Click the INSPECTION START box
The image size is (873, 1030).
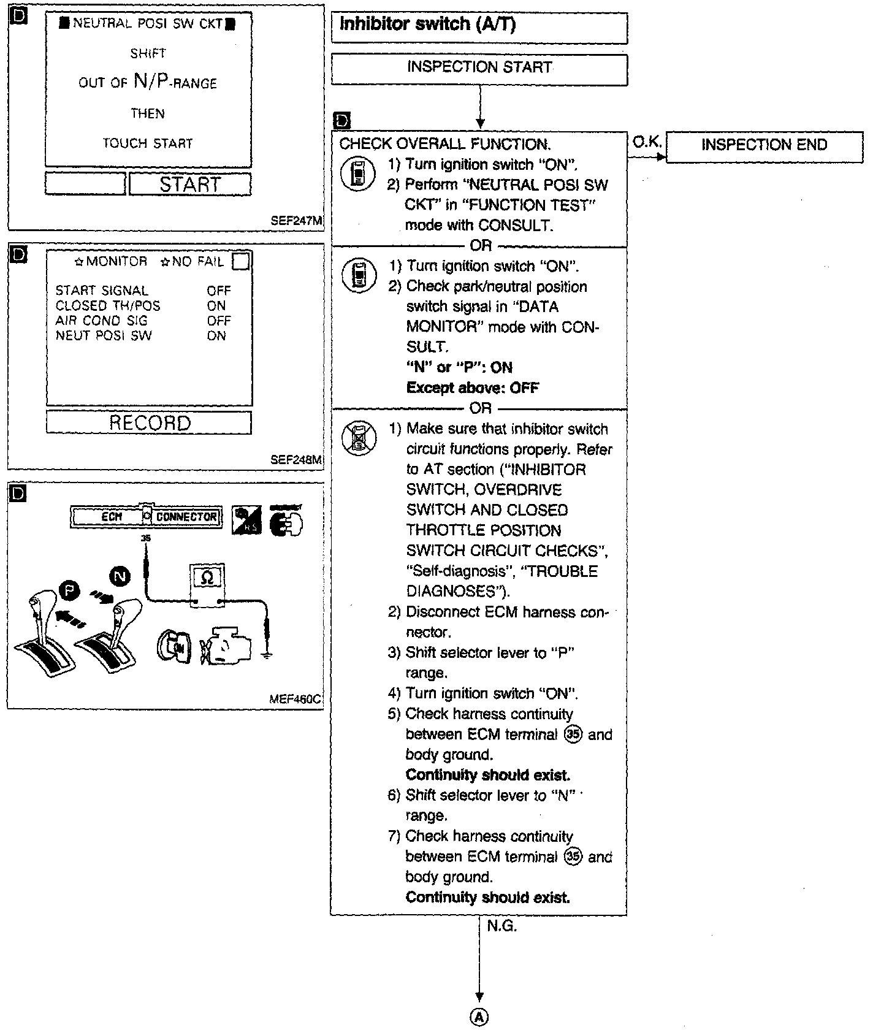coord(479,68)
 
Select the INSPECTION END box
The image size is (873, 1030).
coord(764,145)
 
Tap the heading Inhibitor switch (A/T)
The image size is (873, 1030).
coord(428,25)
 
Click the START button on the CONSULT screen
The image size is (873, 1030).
coord(190,184)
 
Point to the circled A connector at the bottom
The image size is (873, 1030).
coord(479,1017)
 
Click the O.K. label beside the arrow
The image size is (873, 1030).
coord(646,142)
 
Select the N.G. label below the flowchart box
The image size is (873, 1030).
coord(501,926)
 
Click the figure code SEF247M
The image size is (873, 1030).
coord(296,221)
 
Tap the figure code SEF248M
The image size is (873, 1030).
coord(296,460)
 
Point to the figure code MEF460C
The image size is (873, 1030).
coord(295,699)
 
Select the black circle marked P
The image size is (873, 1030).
coord(69,592)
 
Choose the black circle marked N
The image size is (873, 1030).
coord(120,576)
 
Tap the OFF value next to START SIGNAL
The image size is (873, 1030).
coord(219,291)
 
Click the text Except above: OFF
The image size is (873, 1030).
coord(472,388)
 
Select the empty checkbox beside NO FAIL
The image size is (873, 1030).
coord(242,262)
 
